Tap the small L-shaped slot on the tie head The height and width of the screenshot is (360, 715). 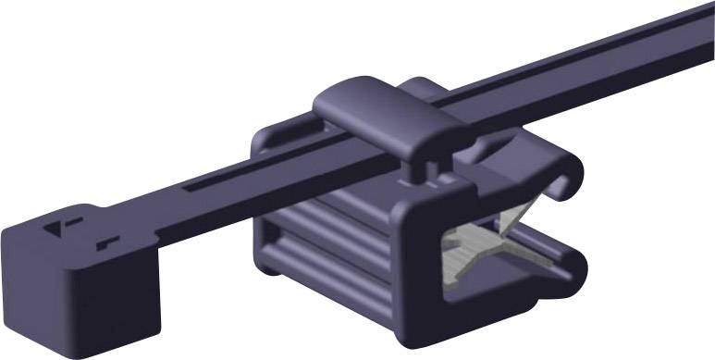(x=108, y=242)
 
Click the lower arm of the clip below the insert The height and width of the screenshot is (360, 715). (x=518, y=296)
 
